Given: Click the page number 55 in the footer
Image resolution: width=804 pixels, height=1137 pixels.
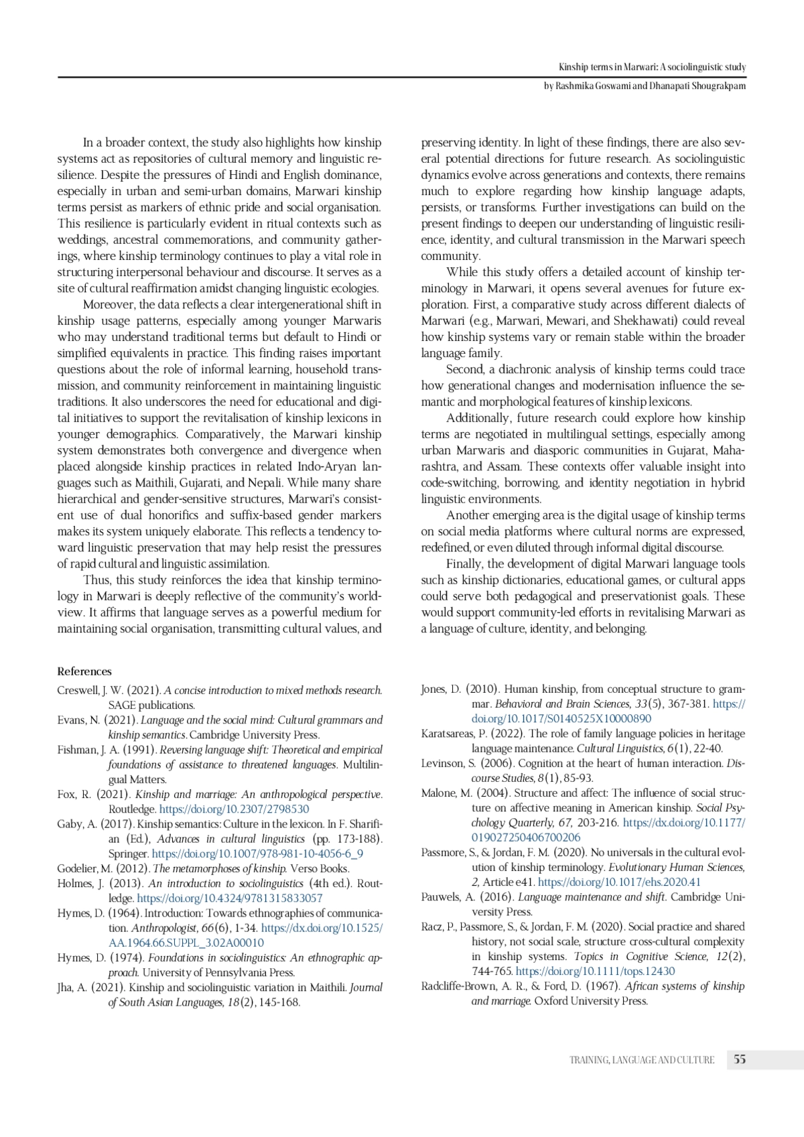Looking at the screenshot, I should [x=740, y=1059].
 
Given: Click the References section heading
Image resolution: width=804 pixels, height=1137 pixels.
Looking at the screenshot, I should [x=84, y=671].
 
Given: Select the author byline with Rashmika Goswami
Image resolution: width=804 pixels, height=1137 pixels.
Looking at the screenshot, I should [x=644, y=86].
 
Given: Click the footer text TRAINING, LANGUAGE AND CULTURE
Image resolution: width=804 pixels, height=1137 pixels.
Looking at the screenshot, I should [x=641, y=1060].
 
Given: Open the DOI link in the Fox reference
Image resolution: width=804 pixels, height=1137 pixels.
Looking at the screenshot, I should [x=234, y=809].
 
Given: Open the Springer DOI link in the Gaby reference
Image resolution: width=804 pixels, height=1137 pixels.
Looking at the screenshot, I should [x=257, y=854].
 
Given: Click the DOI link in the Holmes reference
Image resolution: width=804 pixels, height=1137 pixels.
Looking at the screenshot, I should [x=229, y=898].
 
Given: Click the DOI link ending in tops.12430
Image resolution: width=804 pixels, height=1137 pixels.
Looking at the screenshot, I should [x=595, y=971].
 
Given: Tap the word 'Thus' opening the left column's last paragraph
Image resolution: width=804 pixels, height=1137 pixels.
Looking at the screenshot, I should [x=94, y=580].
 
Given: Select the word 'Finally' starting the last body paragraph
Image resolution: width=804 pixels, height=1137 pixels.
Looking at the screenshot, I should [x=464, y=564].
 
